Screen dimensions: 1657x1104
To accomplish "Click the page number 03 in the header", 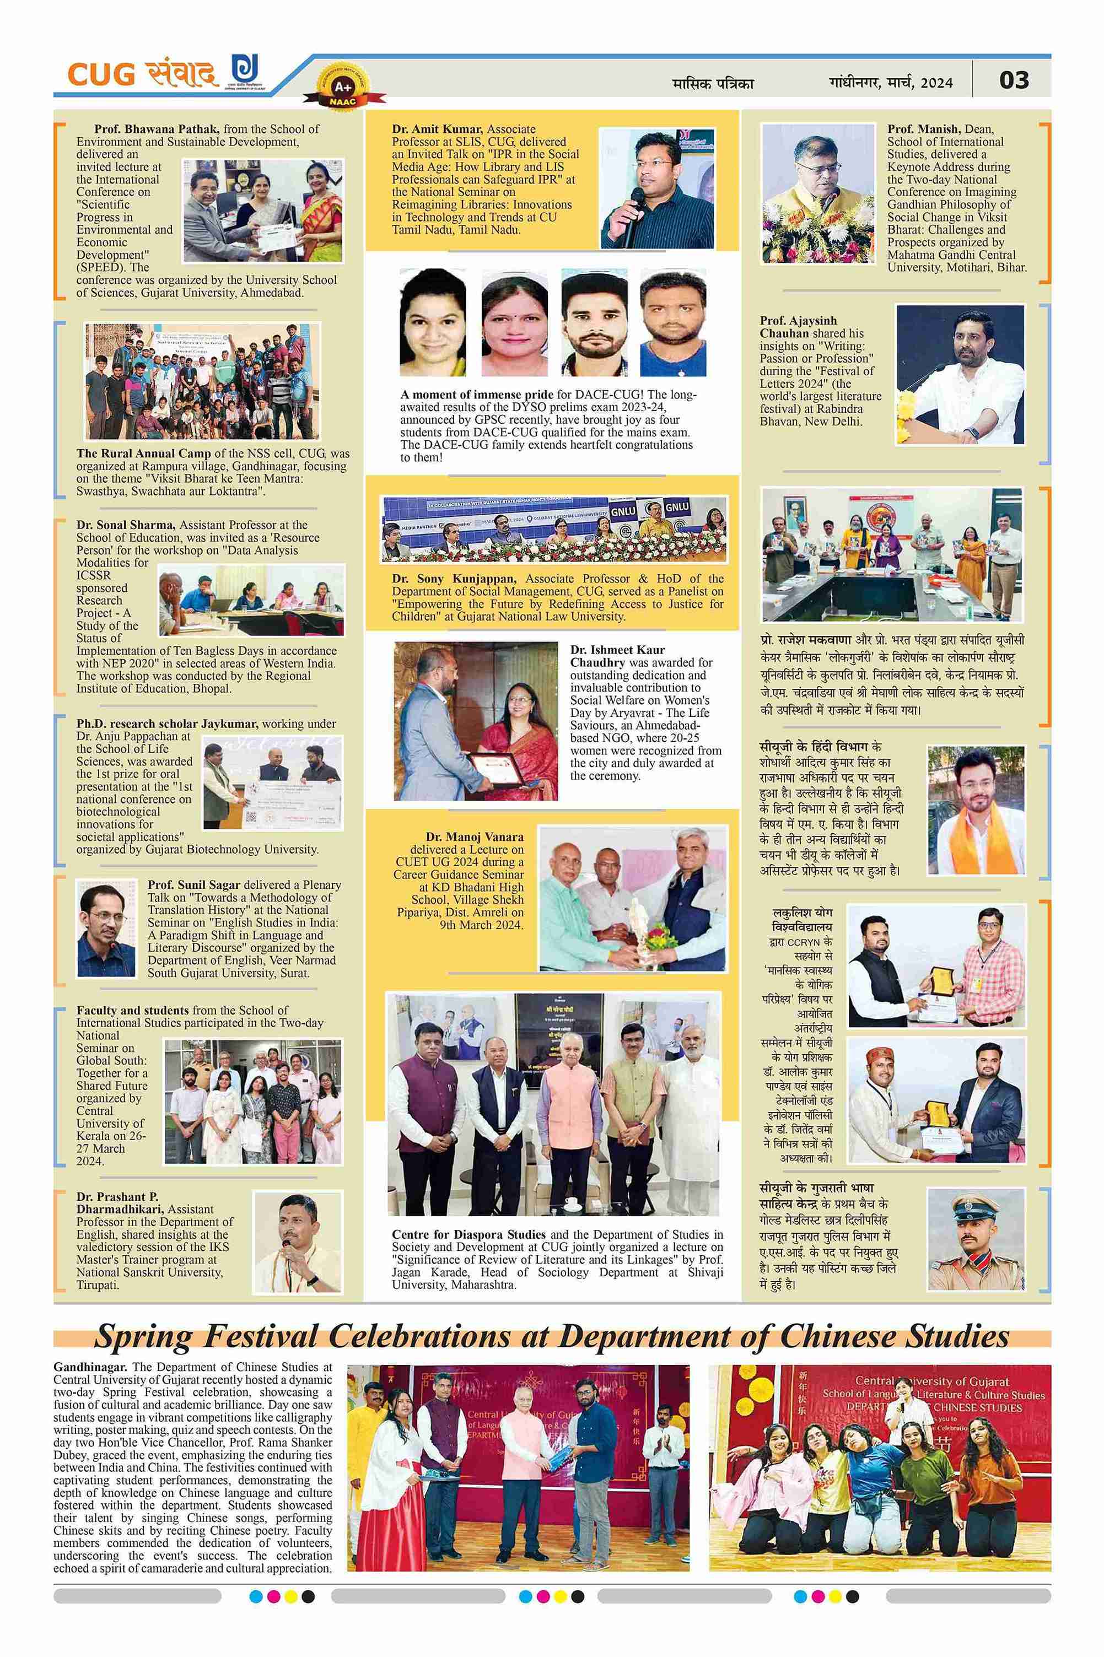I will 1014,80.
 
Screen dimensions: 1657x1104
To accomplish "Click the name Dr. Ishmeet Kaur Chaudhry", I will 617,656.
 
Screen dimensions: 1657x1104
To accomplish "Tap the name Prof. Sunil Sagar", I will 195,885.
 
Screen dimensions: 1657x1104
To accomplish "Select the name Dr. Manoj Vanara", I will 475,837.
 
